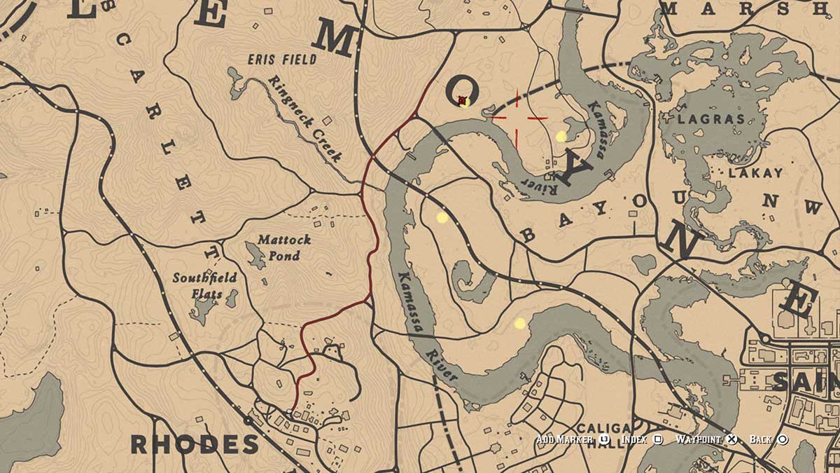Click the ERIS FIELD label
281,60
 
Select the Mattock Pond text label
284,247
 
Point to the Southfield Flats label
204,284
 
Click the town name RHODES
195,444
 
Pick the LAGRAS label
711,119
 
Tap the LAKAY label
745,172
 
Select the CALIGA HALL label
603,435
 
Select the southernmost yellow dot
519,323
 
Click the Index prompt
635,439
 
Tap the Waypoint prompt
700,439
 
